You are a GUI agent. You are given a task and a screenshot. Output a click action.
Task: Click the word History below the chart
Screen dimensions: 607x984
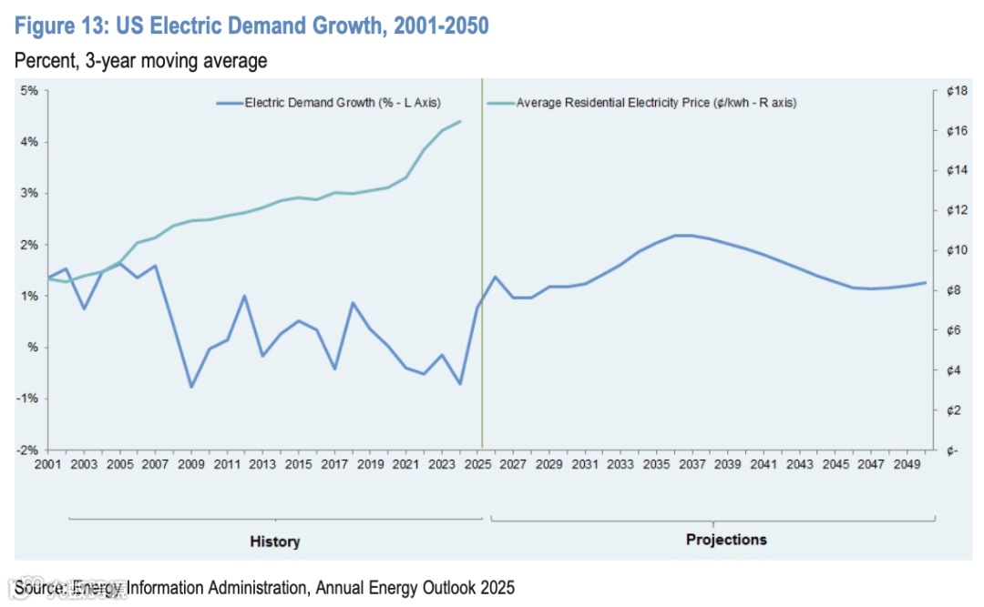pyautogui.click(x=274, y=541)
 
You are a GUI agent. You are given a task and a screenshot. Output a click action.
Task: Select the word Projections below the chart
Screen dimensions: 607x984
pyautogui.click(x=726, y=540)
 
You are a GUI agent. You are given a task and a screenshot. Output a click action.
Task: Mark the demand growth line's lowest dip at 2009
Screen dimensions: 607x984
pyautogui.click(x=191, y=387)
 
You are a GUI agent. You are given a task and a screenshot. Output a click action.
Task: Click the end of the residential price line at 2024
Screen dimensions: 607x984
pyautogui.click(x=460, y=121)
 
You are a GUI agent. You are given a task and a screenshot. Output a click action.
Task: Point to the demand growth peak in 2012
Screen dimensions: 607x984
pyautogui.click(x=244, y=296)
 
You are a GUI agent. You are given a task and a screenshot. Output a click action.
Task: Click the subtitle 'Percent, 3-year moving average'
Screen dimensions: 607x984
pyautogui.click(x=140, y=62)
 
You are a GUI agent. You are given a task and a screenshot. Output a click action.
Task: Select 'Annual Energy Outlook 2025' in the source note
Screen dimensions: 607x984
pyautogui.click(x=415, y=588)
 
